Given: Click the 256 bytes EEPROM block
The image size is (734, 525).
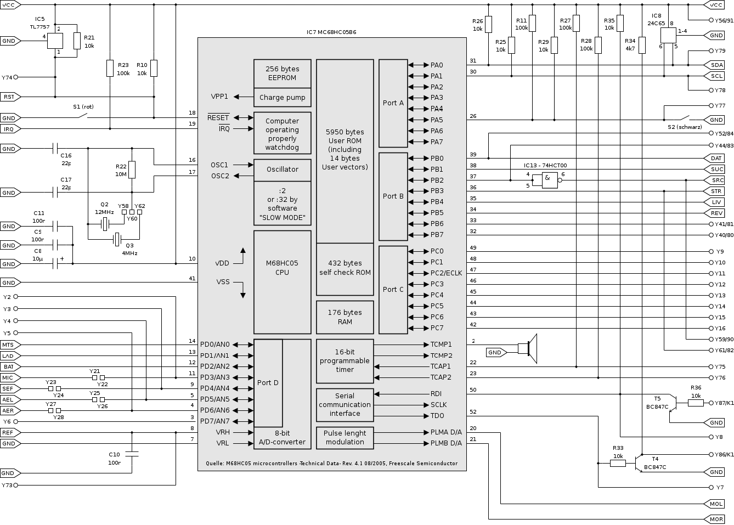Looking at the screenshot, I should tap(282, 74).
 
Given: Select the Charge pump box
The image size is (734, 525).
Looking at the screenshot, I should tap(282, 98).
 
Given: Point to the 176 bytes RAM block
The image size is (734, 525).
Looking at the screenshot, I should tap(345, 317).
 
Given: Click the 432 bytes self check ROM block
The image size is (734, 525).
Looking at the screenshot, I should tap(345, 268).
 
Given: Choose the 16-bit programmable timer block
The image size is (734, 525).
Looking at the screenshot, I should tap(345, 361).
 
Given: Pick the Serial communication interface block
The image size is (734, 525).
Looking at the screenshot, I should tap(345, 405).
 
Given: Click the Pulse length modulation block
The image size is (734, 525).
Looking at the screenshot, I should tap(345, 438).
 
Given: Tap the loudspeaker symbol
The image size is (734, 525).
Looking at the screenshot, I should tap(528, 348).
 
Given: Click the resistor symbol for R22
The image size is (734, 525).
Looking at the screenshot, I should tap(132, 171).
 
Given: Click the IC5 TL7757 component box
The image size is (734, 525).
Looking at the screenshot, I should tap(55, 41).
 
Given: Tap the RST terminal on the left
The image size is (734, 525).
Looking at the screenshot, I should tap(10, 97).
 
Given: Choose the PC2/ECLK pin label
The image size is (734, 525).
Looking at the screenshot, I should tap(447, 273).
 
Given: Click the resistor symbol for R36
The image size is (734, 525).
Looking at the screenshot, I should tap(696, 403).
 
